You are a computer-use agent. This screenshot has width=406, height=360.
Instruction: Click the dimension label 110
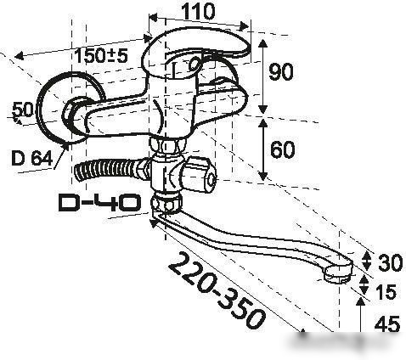(198, 11)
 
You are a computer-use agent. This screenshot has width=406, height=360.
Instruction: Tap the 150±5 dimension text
(101, 55)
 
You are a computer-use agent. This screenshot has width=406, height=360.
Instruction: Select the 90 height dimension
(281, 72)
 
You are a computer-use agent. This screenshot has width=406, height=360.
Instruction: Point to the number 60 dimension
(282, 149)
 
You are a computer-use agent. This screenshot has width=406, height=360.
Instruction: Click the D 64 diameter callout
(32, 158)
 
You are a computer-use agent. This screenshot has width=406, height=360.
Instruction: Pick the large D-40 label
(99, 203)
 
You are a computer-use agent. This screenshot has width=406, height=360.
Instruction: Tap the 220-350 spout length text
(217, 290)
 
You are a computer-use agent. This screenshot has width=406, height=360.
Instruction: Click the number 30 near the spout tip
(390, 262)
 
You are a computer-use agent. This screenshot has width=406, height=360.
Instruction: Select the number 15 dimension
(386, 292)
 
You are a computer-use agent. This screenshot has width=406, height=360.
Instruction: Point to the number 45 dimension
(386, 324)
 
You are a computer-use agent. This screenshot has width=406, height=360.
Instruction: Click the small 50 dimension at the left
(23, 110)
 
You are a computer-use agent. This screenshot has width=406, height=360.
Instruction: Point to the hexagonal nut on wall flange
(70, 113)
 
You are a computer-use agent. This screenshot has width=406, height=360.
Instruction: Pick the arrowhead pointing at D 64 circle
(66, 146)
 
